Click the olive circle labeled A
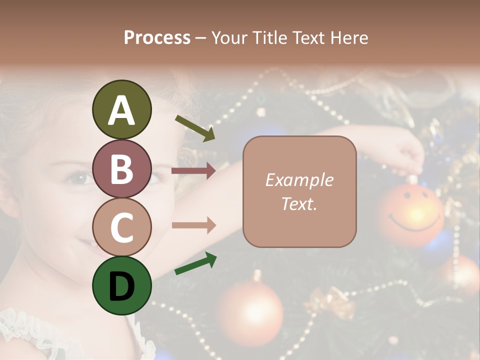tap(121, 109)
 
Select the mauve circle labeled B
tap(121, 168)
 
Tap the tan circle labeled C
tap(121, 227)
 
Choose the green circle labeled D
tap(121, 285)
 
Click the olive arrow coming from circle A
tap(194, 128)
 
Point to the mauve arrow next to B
tap(193, 171)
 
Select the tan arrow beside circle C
tap(193, 225)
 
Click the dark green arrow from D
tap(195, 263)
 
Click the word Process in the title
tap(157, 37)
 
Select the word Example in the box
tap(299, 180)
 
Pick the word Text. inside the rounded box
tap(299, 203)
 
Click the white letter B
tap(121, 169)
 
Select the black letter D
tap(121, 286)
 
